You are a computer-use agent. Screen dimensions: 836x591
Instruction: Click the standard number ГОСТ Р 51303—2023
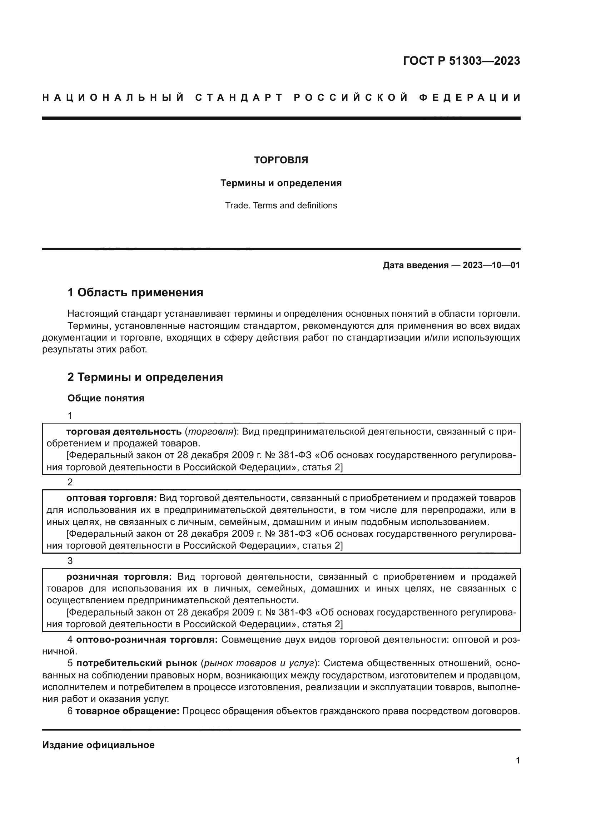tap(461, 61)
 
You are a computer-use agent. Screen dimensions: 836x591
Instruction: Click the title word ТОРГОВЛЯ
tap(281, 160)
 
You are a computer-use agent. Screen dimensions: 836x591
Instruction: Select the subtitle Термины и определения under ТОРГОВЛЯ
tap(281, 183)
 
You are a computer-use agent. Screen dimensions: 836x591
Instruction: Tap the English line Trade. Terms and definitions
tap(281, 206)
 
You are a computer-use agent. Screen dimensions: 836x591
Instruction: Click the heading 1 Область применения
tap(135, 292)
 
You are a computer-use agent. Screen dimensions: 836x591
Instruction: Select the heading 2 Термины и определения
tap(145, 377)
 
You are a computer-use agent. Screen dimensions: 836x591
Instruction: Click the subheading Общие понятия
tap(105, 398)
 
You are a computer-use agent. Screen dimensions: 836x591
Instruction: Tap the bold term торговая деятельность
tap(124, 432)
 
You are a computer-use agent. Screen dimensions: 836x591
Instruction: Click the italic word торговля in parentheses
tap(209, 432)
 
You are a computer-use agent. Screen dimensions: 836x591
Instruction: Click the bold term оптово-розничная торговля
tap(146, 640)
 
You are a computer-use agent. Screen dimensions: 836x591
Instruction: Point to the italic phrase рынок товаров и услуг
tap(259, 663)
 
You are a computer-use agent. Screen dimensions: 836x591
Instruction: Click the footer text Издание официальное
tap(98, 745)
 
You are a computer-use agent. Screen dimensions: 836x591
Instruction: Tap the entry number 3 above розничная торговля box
tap(70, 561)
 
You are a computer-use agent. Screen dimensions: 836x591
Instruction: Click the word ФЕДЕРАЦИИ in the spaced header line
tap(470, 98)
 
